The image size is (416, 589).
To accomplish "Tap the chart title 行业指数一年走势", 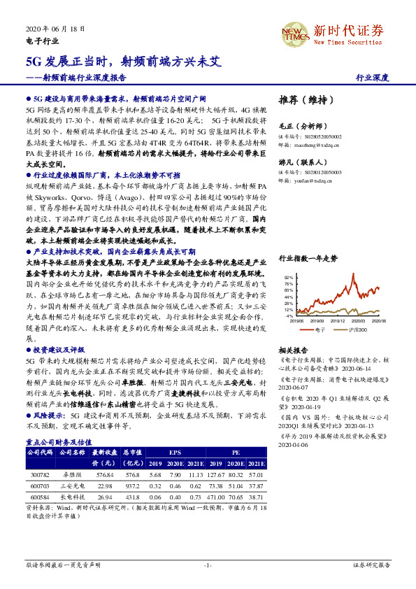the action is tap(308, 258).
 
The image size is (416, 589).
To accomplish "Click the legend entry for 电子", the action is tap(320, 329).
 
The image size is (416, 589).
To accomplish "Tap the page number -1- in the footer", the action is tap(208, 565).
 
